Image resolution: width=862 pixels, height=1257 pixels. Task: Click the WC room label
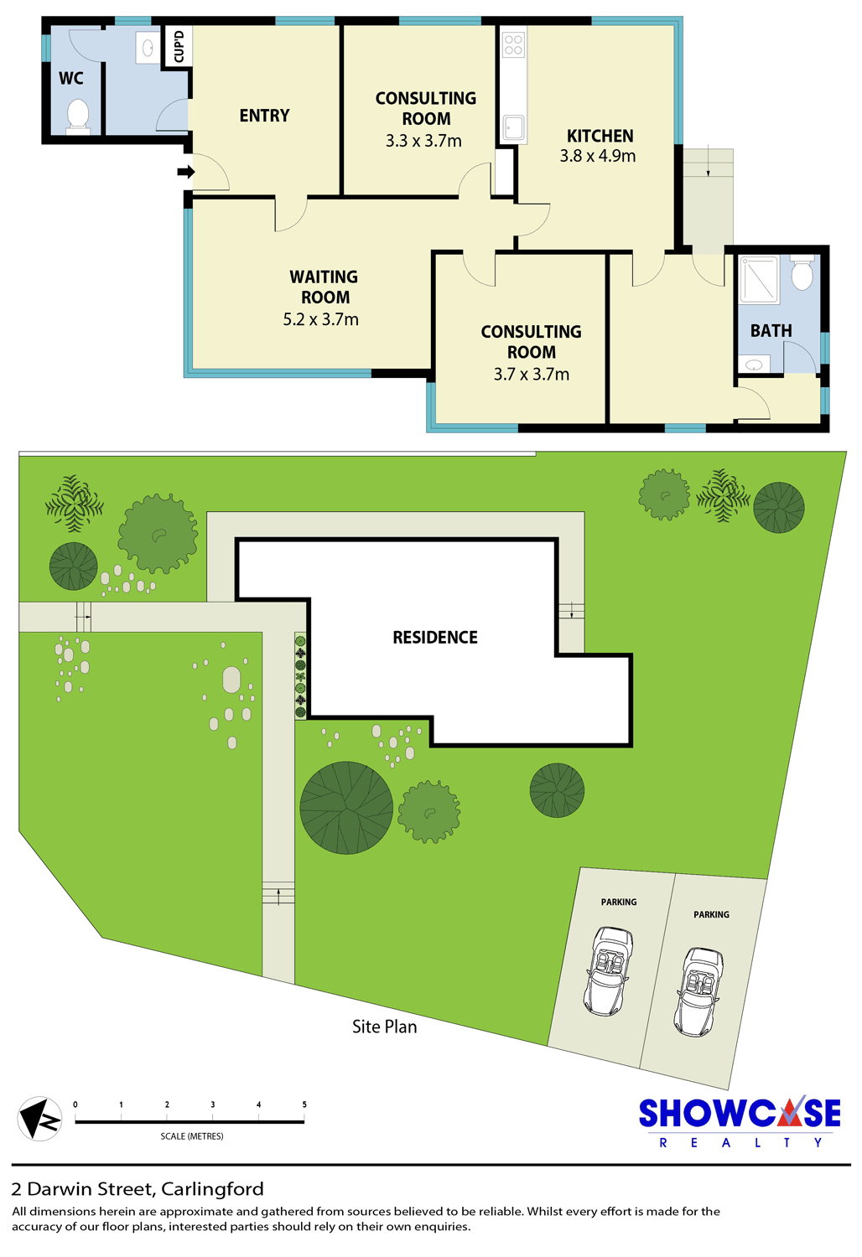click(70, 78)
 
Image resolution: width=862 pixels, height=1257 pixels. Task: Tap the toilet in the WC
click(78, 116)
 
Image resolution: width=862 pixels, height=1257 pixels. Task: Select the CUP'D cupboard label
click(179, 46)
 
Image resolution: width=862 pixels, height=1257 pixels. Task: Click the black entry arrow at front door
click(186, 172)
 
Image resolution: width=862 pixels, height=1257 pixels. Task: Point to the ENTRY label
click(264, 116)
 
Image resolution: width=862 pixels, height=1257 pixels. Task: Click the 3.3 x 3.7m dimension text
click(423, 140)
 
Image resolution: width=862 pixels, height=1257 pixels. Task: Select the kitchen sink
click(513, 128)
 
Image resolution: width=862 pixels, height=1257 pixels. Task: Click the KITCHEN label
click(600, 136)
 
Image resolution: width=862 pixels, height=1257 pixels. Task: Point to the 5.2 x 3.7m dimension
click(320, 319)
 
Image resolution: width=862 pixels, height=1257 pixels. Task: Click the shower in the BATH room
click(759, 279)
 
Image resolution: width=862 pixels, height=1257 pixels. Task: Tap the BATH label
click(771, 330)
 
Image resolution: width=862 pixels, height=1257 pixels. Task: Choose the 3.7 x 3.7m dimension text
click(532, 374)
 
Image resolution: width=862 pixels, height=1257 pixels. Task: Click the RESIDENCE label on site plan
click(435, 637)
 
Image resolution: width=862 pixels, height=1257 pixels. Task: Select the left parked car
click(608, 970)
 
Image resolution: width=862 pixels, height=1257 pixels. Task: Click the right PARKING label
click(711, 914)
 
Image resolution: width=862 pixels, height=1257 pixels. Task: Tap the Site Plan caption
click(385, 1027)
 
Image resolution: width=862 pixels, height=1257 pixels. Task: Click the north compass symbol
click(39, 1119)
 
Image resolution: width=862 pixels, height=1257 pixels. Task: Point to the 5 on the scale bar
click(304, 1104)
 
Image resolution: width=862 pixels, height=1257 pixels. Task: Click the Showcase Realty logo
click(740, 1122)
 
